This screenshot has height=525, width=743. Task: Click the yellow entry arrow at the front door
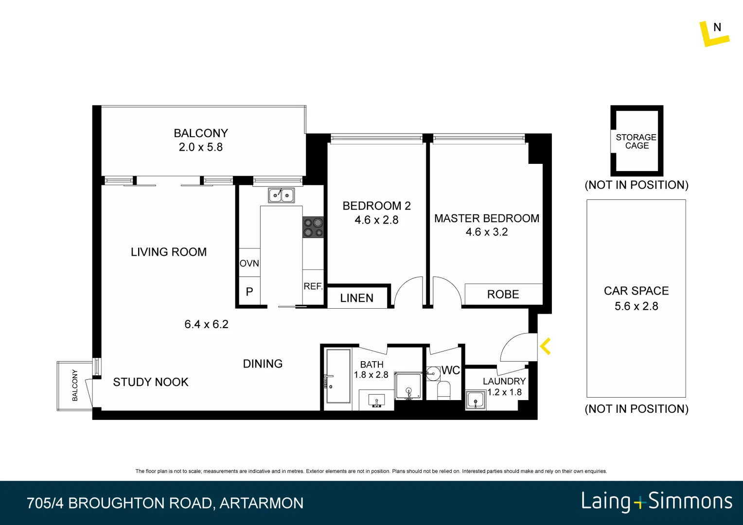(x=545, y=347)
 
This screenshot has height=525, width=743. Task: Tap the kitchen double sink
(x=281, y=195)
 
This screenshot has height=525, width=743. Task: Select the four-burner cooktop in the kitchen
(x=313, y=227)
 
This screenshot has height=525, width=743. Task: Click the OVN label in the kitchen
(x=249, y=263)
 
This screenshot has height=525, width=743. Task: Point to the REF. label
(x=313, y=286)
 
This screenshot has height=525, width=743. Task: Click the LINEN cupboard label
(x=356, y=298)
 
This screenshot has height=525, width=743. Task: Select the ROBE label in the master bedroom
(x=503, y=294)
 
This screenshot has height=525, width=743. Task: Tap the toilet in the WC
(x=443, y=390)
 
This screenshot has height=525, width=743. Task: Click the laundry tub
(x=475, y=401)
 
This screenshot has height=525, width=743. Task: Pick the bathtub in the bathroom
(x=338, y=376)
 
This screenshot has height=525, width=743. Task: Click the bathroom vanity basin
(x=376, y=401)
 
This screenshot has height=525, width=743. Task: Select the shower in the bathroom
(x=408, y=386)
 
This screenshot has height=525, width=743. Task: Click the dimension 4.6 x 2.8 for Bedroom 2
(x=376, y=220)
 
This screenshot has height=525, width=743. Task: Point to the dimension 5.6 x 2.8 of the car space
(x=636, y=306)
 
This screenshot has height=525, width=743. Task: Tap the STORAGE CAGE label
(x=636, y=141)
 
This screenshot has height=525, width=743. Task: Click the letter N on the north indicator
(x=717, y=27)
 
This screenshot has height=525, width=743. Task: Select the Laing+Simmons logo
(x=656, y=501)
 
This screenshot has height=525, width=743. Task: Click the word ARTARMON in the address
(x=262, y=503)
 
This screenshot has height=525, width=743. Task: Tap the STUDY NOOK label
(x=151, y=382)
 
